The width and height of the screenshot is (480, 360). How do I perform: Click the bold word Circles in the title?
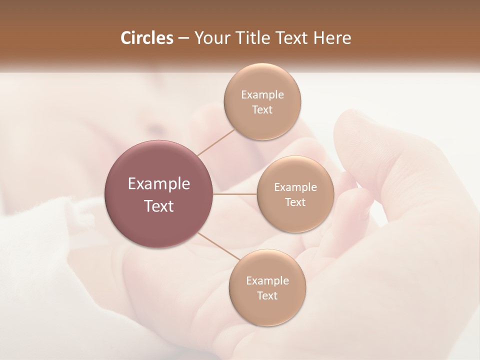(147, 38)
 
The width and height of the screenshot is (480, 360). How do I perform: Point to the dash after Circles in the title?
(183, 38)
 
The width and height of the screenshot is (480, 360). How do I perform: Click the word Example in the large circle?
(159, 184)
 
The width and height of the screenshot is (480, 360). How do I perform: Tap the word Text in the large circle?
(159, 206)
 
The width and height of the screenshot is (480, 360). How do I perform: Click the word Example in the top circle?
(262, 95)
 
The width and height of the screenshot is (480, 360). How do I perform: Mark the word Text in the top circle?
(262, 110)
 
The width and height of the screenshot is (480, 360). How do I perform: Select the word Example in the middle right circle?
(295, 187)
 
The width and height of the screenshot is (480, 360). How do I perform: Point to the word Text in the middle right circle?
(295, 202)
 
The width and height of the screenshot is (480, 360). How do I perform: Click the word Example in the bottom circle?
(267, 281)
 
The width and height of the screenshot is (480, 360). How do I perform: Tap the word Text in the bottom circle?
(267, 296)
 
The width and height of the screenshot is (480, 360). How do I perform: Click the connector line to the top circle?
(216, 141)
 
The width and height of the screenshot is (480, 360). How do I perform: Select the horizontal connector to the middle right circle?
(235, 194)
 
